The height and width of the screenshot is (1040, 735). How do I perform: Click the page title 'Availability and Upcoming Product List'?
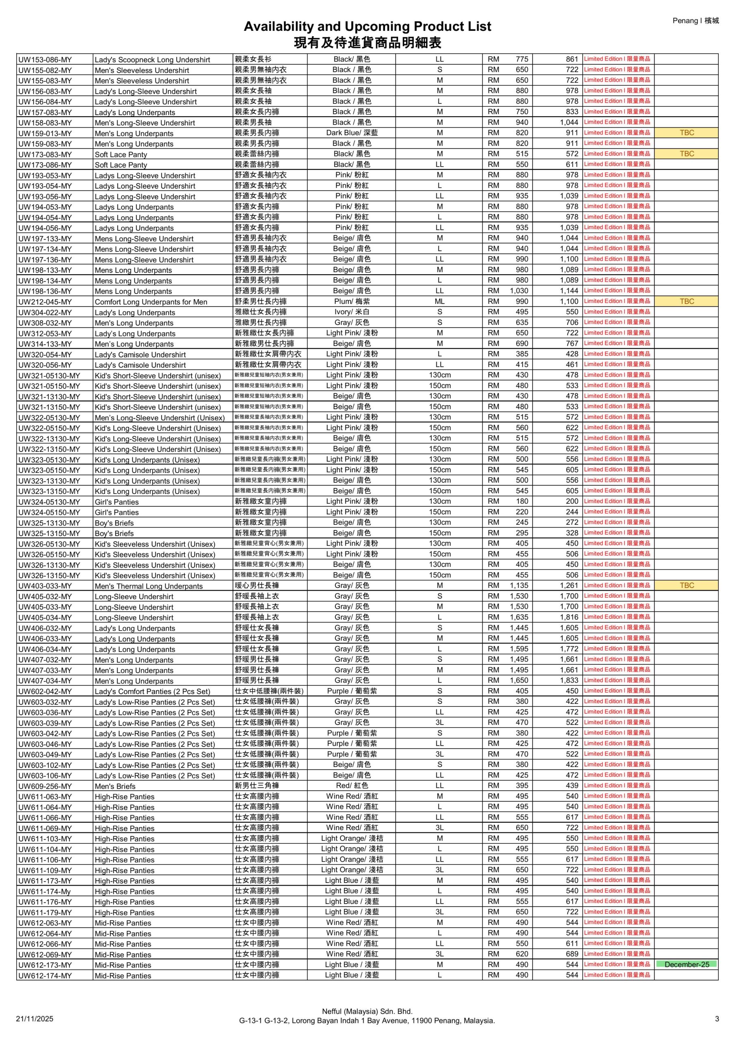click(x=367, y=26)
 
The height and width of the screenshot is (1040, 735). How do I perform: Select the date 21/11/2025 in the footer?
click(x=35, y=1019)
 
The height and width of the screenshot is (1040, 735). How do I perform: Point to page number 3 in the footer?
click(x=717, y=1019)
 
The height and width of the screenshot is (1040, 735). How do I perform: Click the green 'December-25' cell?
click(x=687, y=964)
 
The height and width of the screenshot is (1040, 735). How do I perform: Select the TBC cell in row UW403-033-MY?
click(x=687, y=585)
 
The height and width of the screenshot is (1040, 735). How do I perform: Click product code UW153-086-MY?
click(x=45, y=60)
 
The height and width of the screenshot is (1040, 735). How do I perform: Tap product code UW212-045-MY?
click(x=45, y=302)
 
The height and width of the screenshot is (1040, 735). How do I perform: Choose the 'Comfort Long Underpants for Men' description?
click(x=151, y=302)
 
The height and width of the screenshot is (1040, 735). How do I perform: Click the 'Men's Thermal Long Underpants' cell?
click(x=149, y=586)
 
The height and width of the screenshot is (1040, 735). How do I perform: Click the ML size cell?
click(x=439, y=301)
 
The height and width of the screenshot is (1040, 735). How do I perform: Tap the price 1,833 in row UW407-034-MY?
click(x=569, y=680)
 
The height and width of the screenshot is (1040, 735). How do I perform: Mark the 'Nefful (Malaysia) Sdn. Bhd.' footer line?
click(x=367, y=1011)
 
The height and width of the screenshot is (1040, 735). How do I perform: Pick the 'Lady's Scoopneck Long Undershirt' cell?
click(x=152, y=60)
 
